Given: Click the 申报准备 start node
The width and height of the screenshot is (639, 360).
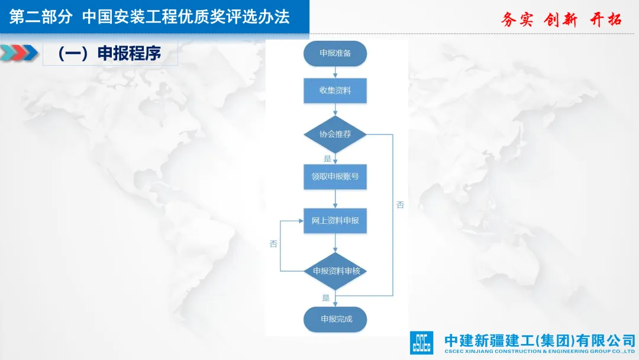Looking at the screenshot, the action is [x=335, y=53].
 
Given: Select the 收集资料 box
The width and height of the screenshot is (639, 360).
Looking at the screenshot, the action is [x=335, y=91].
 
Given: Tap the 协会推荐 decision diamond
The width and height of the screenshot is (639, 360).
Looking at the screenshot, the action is [x=335, y=134].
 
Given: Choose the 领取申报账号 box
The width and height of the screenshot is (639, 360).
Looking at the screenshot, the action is [x=335, y=176].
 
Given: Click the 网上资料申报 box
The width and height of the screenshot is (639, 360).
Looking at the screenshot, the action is [x=335, y=221].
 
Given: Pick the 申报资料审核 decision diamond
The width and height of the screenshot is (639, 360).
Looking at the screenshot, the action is [x=335, y=271].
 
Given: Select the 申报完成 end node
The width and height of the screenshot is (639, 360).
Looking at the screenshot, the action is [x=335, y=319].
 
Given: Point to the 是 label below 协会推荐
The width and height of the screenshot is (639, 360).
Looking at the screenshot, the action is [x=327, y=159].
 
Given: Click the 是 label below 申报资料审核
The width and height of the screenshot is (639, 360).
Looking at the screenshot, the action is [x=326, y=298].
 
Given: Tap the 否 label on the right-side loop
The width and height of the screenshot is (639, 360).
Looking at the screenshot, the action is [x=401, y=205].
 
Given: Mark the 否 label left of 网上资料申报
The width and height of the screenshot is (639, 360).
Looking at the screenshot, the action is [x=273, y=244].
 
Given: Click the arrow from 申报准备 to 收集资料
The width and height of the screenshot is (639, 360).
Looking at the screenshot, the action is [x=335, y=72].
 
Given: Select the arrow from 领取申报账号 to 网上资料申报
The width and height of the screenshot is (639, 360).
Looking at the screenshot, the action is [x=335, y=199].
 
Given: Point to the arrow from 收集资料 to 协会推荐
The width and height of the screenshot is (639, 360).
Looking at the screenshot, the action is [x=335, y=110].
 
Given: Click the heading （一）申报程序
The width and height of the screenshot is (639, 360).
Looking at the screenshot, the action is [x=109, y=53].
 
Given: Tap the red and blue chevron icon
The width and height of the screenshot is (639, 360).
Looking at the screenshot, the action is [x=19, y=53].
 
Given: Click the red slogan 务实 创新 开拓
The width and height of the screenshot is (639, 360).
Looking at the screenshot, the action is [x=561, y=20].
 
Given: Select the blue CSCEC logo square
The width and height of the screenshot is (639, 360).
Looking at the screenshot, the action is [x=421, y=342].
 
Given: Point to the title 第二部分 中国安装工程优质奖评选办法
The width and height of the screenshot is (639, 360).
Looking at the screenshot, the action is [x=150, y=17].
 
